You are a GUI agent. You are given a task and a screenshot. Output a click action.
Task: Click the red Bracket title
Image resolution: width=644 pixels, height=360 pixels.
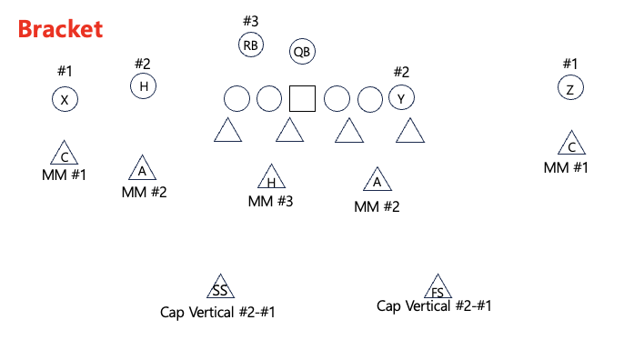click(x=60, y=29)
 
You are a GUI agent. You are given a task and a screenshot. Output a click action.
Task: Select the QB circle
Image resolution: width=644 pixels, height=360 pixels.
click(x=302, y=52)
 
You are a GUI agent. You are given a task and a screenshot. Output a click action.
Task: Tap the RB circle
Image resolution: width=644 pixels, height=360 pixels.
click(x=251, y=45)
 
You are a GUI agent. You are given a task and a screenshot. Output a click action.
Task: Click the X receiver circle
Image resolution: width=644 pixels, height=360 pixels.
click(x=64, y=100)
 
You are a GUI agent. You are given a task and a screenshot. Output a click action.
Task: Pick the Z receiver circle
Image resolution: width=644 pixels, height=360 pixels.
click(x=570, y=88)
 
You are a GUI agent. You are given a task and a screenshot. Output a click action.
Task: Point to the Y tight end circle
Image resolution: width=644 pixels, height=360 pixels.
click(x=401, y=97)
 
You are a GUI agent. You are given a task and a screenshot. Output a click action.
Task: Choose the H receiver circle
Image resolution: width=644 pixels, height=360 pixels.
click(x=143, y=86)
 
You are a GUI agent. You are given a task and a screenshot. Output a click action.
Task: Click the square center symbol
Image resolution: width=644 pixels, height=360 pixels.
click(x=302, y=98)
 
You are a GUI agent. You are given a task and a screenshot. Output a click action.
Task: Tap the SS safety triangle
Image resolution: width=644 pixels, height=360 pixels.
click(x=219, y=288)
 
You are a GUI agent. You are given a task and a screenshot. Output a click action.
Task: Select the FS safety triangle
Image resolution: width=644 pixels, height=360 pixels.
click(x=438, y=288)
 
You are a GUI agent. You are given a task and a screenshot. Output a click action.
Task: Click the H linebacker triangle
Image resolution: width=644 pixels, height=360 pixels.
click(x=271, y=178)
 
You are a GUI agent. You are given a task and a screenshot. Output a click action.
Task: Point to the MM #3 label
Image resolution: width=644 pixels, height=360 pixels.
click(x=271, y=201)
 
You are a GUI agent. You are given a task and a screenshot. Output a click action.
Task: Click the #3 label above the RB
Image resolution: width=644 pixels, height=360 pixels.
click(x=251, y=20)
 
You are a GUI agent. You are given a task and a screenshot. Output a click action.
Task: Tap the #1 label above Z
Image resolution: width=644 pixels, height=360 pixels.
click(x=569, y=64)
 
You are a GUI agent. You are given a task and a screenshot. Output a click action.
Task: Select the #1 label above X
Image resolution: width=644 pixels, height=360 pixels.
click(x=64, y=71)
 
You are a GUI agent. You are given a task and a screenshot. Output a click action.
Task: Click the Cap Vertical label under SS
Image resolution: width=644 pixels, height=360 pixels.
click(x=217, y=313)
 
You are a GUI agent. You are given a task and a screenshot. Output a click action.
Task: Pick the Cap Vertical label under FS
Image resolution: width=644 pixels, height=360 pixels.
click(x=434, y=305)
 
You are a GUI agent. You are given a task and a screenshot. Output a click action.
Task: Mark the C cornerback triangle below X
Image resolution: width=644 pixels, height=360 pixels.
click(x=64, y=155)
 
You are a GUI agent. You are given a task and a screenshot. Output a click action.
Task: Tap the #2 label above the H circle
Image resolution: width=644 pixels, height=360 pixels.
click(x=143, y=64)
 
